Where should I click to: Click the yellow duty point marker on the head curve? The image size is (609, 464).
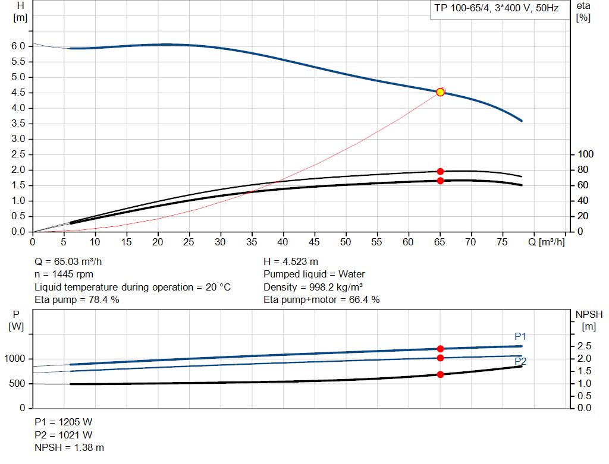[x=440, y=92]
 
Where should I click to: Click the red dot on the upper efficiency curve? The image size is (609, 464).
[x=440, y=171]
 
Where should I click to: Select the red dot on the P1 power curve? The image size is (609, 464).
[x=440, y=349]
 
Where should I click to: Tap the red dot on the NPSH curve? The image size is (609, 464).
[x=440, y=374]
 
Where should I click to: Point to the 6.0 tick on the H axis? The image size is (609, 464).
[x=18, y=46]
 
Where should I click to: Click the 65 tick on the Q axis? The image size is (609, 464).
[x=440, y=242]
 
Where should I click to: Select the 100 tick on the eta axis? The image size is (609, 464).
[x=586, y=154]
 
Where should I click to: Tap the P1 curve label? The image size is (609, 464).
[x=520, y=336]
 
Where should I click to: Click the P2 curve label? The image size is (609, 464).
[x=520, y=361]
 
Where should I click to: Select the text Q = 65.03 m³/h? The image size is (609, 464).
[x=72, y=261]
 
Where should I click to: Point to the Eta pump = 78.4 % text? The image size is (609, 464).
[x=77, y=299]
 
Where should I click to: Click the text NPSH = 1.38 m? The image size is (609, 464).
[x=69, y=447]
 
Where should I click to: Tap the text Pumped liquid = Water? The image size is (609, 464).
[x=314, y=274]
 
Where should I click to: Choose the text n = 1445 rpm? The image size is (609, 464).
[x=64, y=274]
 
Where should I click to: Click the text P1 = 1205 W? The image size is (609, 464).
[x=63, y=422]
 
